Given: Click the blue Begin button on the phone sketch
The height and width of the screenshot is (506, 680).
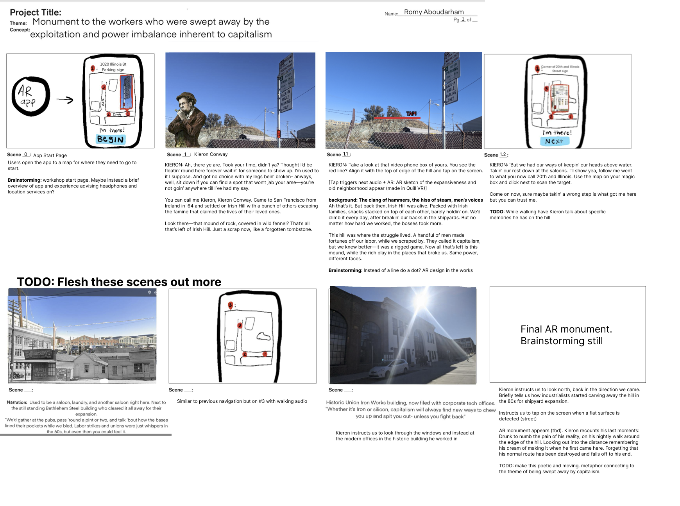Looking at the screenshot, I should click(111, 139).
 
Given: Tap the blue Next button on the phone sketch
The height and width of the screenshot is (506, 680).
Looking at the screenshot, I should click(554, 141).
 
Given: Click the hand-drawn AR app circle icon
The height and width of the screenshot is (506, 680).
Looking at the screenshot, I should click(30, 96).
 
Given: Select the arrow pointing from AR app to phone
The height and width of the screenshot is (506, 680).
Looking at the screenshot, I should click(65, 100).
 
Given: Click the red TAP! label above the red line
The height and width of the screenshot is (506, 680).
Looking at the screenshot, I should click(411, 113).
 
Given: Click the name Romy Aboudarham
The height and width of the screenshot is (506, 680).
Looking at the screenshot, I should click(434, 12).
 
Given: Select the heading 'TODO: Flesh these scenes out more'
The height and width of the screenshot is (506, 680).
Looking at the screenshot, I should click(119, 282).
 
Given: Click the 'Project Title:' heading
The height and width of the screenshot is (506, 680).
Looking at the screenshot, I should click(36, 13).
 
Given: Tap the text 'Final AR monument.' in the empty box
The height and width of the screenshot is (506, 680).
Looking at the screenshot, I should click(566, 329).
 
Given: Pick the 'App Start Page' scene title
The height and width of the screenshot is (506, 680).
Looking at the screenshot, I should click(50, 156).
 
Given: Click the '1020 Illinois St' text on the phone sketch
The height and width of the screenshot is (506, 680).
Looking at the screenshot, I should click(113, 64).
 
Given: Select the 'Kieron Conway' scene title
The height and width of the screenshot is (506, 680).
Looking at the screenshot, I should click(211, 154).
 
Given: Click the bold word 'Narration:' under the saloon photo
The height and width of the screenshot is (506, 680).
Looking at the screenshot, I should click(17, 402).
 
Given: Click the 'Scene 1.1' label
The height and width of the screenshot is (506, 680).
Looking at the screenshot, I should click(339, 155).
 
